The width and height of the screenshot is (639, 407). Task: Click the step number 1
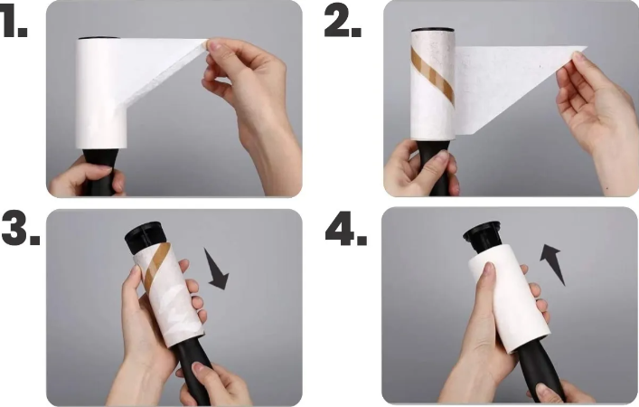(x=13, y=24)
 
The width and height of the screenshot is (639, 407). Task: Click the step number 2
(x=343, y=23)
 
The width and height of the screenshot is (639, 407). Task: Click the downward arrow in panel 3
(x=216, y=270)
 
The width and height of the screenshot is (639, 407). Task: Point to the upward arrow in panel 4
(x=552, y=264)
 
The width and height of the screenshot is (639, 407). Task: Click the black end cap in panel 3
(x=144, y=237)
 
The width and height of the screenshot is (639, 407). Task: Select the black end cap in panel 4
(x=483, y=237)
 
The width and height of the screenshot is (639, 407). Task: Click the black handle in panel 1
(x=100, y=171)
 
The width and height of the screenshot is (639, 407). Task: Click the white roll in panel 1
(x=101, y=93)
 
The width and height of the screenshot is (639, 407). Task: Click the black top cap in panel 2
(x=432, y=30)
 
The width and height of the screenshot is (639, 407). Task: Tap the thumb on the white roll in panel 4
(x=487, y=286)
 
